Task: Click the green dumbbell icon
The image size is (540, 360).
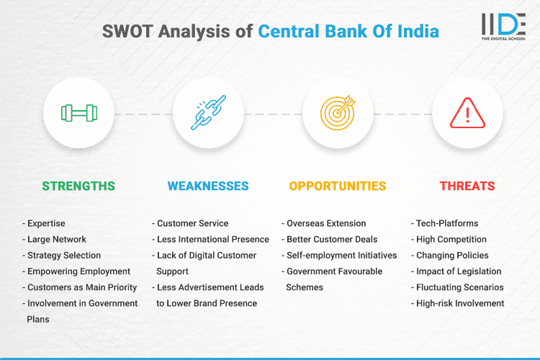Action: [78, 113]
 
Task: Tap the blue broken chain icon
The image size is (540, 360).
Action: [208, 113]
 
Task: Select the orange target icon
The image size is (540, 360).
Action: [338, 113]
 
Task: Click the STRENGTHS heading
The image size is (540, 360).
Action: [78, 186]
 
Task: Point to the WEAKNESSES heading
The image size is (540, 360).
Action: [208, 186]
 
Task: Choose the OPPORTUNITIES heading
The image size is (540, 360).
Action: [338, 186]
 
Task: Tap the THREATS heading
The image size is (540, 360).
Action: [467, 186]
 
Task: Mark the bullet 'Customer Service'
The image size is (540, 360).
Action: [192, 223]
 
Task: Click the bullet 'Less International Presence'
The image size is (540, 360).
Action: [212, 239]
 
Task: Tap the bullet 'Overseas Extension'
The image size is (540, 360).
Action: [326, 223]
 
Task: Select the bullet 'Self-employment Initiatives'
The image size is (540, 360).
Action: [341, 255]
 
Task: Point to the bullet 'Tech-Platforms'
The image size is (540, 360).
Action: [447, 223]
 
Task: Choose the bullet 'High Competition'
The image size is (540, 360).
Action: [451, 239]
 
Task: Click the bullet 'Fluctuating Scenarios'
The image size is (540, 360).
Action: [459, 287]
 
